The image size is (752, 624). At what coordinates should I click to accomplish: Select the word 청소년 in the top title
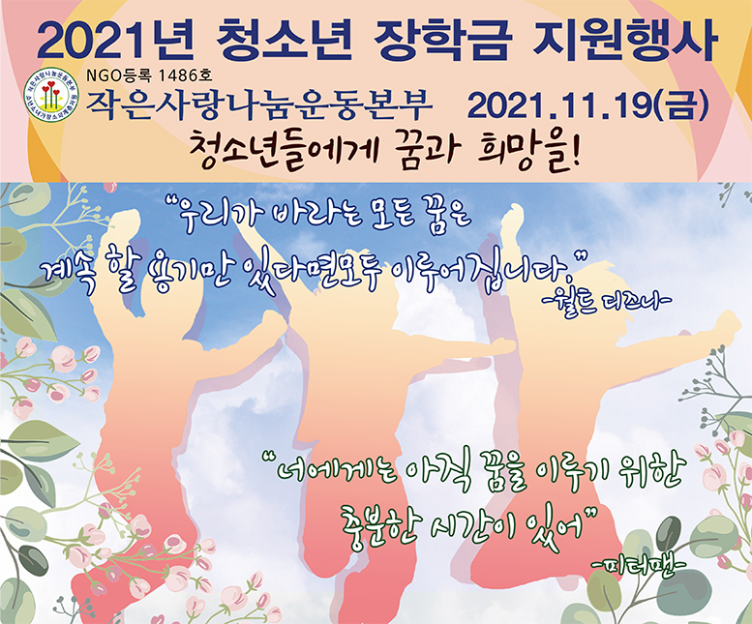(x=284, y=40)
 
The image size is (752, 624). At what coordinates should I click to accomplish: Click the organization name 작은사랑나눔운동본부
(x=259, y=104)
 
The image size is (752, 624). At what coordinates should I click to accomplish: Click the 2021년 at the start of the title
(x=116, y=40)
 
